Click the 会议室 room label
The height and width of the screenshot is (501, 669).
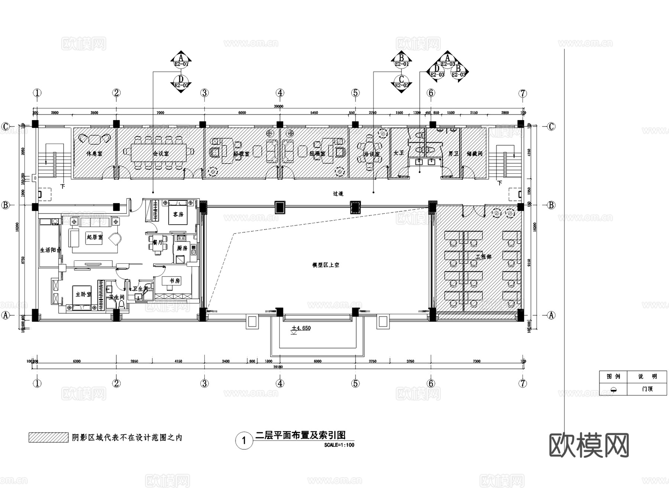point(161,153)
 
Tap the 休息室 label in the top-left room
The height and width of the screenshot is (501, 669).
point(94,153)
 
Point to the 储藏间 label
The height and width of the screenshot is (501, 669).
point(474,153)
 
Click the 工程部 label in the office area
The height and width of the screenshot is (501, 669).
point(483,257)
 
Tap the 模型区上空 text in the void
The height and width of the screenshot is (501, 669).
point(326,265)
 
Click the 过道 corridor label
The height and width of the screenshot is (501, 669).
point(338,194)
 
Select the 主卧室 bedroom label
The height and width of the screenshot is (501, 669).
point(83,294)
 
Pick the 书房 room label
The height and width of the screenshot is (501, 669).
point(175,281)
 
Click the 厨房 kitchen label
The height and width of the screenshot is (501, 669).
point(182,248)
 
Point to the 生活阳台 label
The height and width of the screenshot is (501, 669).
point(50,250)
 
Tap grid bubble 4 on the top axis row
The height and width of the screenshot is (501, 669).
point(280,93)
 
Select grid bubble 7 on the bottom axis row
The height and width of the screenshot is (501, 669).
point(523,383)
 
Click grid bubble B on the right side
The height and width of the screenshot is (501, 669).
point(551,205)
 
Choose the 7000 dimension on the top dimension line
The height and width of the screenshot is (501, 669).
point(160,113)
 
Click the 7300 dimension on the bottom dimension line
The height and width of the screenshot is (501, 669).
point(476,361)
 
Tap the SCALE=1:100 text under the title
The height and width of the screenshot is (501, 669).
point(339,445)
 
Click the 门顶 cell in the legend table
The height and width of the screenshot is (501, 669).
point(647,389)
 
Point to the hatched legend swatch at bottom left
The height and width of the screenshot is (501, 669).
point(48,437)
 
